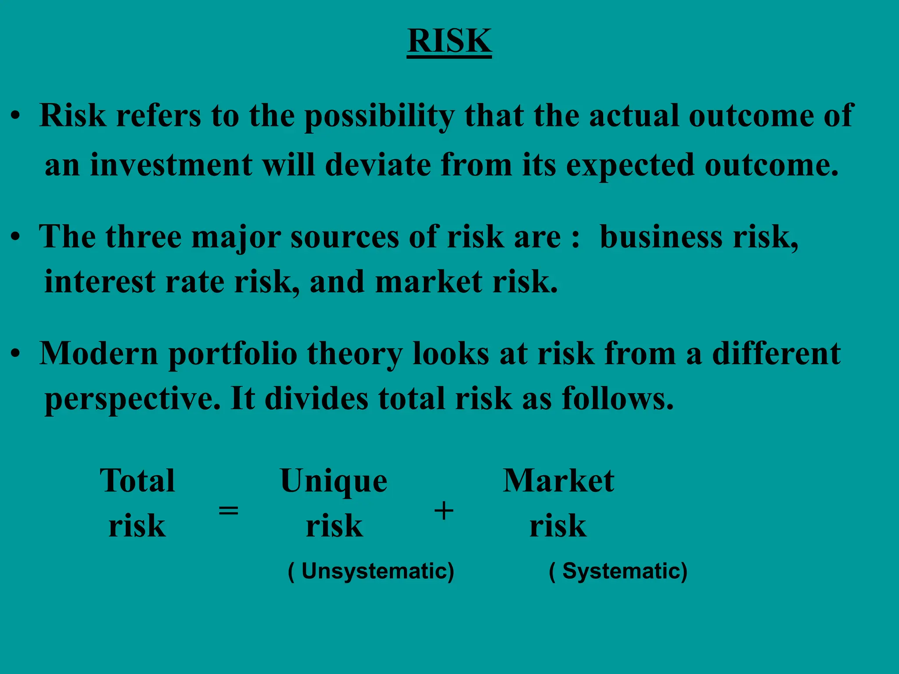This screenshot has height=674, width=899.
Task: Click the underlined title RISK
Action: click(449, 41)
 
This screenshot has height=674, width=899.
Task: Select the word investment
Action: click(171, 165)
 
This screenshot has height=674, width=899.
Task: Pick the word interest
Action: click(100, 282)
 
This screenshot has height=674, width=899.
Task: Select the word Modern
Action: click(99, 353)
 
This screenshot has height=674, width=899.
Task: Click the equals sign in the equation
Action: click(229, 510)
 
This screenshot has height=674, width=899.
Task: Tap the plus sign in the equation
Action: click(443, 511)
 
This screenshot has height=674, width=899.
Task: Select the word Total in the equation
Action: click(137, 480)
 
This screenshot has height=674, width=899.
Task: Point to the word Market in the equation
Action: click(558, 480)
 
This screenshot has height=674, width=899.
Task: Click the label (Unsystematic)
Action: click(371, 571)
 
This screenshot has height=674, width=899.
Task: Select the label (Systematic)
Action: click(618, 571)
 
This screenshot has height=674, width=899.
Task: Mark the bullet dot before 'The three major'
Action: click(16, 237)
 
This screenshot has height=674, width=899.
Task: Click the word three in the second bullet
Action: click(143, 237)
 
